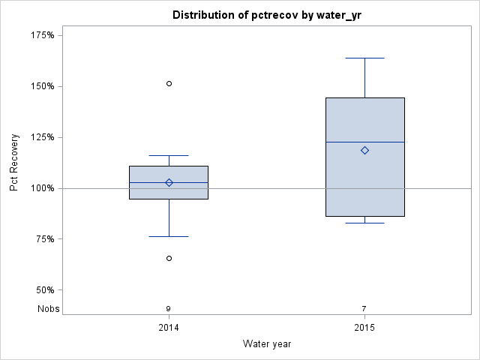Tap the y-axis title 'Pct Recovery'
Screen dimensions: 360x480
pos(14,164)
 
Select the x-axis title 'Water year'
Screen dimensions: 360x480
pos(266,343)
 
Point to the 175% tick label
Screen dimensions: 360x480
pos(42,35)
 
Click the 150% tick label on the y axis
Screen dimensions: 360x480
pos(42,86)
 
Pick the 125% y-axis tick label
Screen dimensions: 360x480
pos(42,137)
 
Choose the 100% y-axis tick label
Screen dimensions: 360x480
pos(42,188)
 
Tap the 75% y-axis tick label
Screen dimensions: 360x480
pos(44,239)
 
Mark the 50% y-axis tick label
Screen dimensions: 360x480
pos(44,290)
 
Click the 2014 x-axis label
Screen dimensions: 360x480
pos(169,328)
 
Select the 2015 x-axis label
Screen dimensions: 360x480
pos(364,328)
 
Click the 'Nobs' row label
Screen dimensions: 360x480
pos(48,309)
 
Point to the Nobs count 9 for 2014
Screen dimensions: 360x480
pos(169,309)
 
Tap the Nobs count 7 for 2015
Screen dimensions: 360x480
pos(364,309)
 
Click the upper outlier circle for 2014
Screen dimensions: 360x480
pos(169,83)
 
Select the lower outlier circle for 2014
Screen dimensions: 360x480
pos(169,258)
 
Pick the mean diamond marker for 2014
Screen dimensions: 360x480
pos(169,182)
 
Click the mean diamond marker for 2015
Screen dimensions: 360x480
pos(364,150)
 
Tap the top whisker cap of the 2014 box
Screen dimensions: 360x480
pos(169,155)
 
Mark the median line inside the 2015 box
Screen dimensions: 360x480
pos(364,142)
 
